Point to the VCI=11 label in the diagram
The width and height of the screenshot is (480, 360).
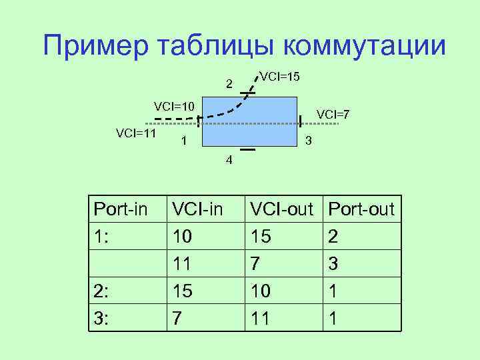pyautogui.click(x=135, y=133)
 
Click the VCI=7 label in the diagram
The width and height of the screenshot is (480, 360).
pyautogui.click(x=333, y=114)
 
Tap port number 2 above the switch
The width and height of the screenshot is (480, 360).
pyautogui.click(x=229, y=84)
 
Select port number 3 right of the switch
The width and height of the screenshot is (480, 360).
pyautogui.click(x=307, y=141)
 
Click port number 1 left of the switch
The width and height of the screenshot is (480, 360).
pyautogui.click(x=183, y=141)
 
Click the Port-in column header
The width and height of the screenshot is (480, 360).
pyautogui.click(x=120, y=210)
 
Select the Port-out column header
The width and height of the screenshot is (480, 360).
pyautogui.click(x=362, y=210)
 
